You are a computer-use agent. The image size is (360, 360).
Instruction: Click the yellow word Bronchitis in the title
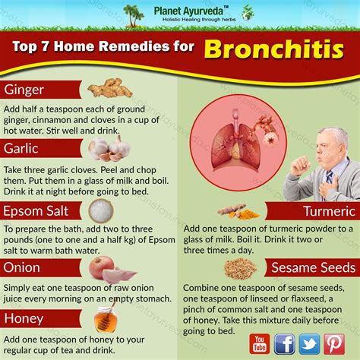tap(274, 49)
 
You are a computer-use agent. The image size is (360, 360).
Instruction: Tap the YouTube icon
tap(260, 344)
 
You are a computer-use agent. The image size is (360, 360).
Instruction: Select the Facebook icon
tap(284, 344)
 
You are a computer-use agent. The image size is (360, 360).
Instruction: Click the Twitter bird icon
tap(309, 344)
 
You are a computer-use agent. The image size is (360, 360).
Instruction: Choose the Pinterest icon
tap(334, 344)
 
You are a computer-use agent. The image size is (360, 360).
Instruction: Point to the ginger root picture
tap(110, 88)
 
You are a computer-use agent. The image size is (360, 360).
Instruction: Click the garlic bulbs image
tap(109, 149)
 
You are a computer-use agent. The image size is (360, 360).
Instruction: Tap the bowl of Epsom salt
tap(101, 210)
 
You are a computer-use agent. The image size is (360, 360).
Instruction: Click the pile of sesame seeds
tap(240, 268)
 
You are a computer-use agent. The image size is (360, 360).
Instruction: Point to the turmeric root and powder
tap(238, 211)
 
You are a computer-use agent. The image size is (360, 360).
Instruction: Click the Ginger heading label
tap(24, 90)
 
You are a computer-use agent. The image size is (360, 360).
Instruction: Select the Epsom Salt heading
tap(36, 211)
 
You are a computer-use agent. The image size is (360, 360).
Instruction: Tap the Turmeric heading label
tap(330, 211)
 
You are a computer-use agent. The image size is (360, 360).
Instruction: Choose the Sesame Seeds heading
tap(314, 268)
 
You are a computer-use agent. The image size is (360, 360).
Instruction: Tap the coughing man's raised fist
tap(301, 166)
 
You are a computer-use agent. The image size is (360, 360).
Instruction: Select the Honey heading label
tap(24, 319)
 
